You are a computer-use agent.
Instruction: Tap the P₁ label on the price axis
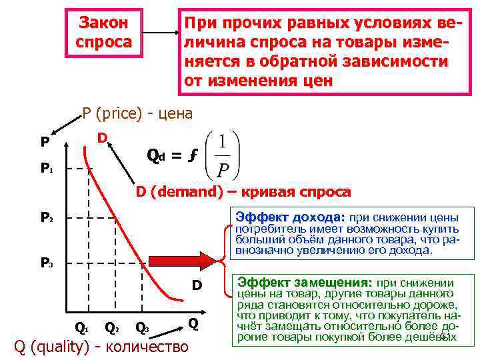click(46, 169)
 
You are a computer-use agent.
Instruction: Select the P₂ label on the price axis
click(46, 217)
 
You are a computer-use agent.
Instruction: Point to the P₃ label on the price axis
click(46, 263)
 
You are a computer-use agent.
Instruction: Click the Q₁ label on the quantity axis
click(81, 327)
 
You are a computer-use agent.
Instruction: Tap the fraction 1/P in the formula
click(221, 154)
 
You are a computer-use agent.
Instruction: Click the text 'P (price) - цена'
click(137, 113)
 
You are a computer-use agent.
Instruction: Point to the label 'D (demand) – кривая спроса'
click(243, 192)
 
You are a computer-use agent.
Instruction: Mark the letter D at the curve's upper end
click(103, 138)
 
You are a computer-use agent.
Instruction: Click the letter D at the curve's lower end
click(197, 285)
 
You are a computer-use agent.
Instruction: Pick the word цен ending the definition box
click(312, 81)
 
